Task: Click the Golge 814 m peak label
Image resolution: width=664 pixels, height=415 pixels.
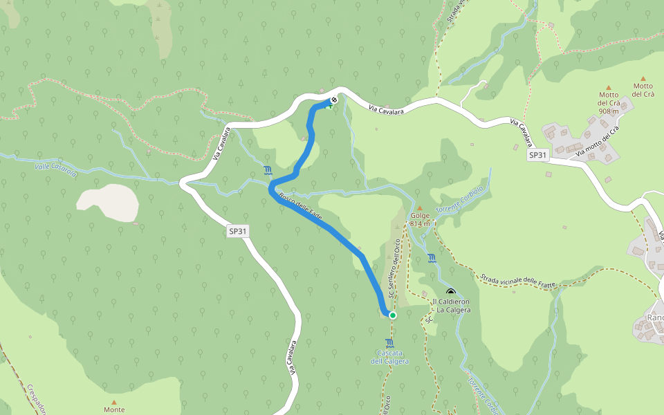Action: pos(420,219)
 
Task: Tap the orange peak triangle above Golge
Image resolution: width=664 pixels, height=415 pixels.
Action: pos(419,207)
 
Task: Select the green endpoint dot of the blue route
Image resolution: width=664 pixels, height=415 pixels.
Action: pos(393,315)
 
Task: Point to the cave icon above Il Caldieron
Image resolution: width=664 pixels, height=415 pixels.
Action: pos(452,292)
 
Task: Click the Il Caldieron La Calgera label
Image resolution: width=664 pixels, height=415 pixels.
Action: pos(451,306)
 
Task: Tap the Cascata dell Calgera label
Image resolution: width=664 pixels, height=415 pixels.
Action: pos(389,358)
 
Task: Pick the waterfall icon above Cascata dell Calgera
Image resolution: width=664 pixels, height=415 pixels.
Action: pos(390,343)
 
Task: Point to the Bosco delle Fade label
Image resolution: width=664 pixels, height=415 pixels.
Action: pos(300,207)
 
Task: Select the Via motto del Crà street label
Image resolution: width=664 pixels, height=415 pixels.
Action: pos(592,140)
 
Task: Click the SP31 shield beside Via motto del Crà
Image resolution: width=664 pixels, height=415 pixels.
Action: pos(538,156)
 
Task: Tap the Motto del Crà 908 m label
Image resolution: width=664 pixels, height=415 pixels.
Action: pos(609,102)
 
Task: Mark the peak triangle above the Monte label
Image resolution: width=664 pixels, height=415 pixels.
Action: pos(114,400)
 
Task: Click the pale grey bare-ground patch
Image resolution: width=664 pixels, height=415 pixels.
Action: pos(108,199)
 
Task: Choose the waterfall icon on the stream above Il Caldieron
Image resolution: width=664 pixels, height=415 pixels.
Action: pos(432,258)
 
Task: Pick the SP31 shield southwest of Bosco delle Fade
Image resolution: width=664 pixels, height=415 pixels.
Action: pos(237,232)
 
